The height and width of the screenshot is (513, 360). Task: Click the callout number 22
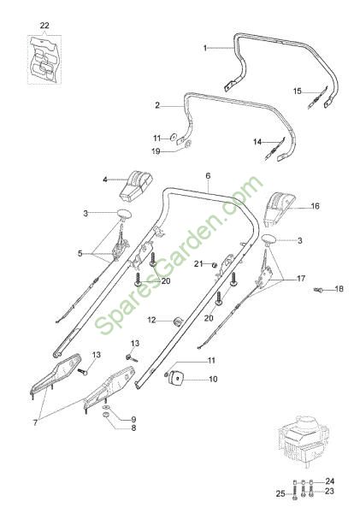44,25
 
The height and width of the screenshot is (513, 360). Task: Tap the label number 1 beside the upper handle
205,48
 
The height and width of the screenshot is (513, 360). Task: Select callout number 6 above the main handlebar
208,175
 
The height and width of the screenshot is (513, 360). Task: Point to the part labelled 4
135,186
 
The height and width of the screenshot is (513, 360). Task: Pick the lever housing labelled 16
279,209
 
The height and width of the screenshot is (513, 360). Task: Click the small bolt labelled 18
318,290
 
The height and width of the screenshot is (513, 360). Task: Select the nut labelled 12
178,321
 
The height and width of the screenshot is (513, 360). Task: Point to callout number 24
329,481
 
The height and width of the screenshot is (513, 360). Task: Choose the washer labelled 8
106,416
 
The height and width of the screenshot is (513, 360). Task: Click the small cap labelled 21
214,264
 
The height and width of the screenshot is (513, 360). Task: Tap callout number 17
301,279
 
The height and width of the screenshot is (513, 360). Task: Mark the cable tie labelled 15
317,98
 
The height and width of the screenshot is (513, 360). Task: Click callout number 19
156,151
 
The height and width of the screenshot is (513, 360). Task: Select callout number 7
35,422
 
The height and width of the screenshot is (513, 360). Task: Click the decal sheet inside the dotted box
44,59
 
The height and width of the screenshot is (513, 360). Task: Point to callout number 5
80,253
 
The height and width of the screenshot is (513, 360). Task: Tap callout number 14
257,142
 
